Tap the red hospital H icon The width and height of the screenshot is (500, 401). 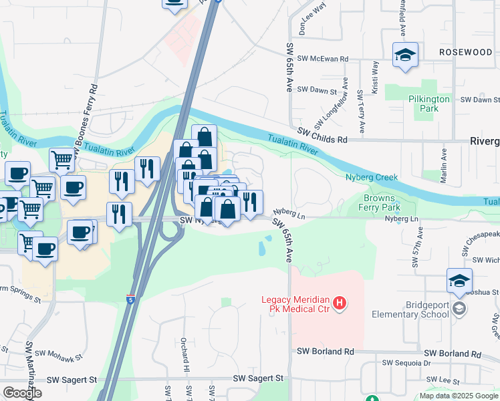[x=340, y=304]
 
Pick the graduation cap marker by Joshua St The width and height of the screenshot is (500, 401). [x=460, y=281]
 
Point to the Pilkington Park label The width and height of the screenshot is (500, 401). [x=432, y=103]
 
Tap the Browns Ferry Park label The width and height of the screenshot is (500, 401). [x=390, y=203]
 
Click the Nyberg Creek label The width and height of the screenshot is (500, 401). [x=371, y=177]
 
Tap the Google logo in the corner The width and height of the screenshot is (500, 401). [x=22, y=393]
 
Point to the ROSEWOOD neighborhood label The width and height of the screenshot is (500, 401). [x=465, y=51]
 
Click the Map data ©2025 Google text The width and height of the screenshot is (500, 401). [x=458, y=396]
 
